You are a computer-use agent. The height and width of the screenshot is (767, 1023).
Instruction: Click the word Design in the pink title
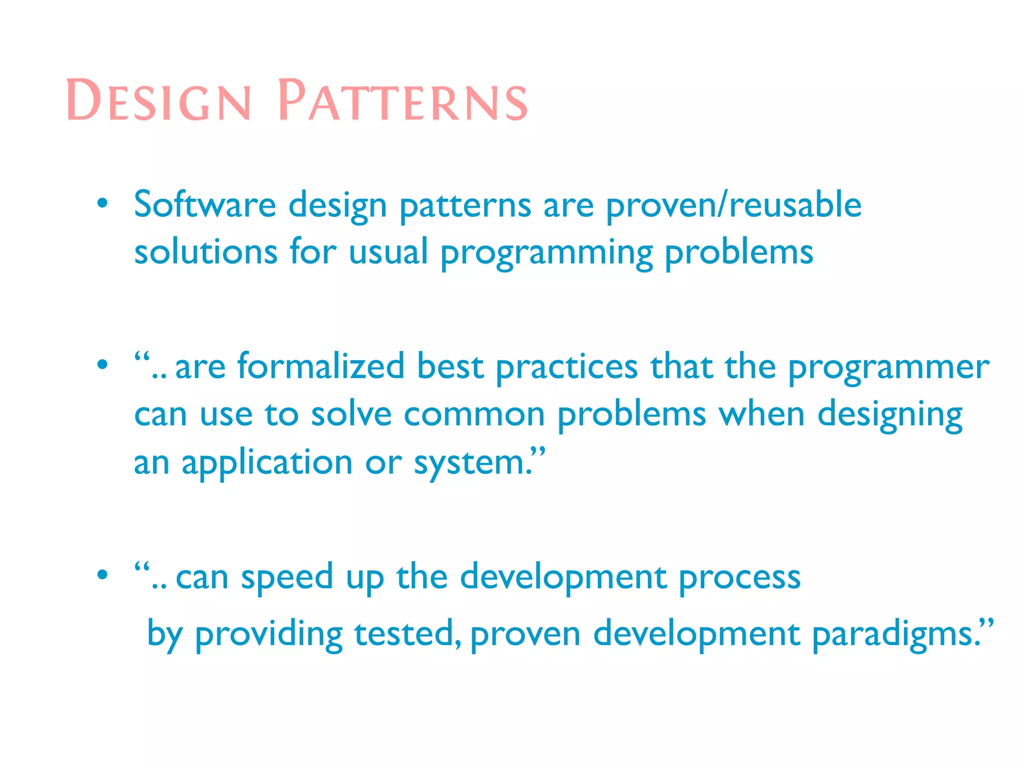coord(158,100)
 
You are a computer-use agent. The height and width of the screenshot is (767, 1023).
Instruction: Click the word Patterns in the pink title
coord(403,100)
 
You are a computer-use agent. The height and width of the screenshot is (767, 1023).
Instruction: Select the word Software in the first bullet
coord(205,205)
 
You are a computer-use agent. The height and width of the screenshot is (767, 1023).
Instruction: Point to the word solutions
coord(206,252)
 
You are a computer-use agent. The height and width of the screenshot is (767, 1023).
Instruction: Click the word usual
coord(388,252)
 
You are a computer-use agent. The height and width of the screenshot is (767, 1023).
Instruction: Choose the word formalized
coord(320,366)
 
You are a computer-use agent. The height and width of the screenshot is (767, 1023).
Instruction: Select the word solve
coord(351,414)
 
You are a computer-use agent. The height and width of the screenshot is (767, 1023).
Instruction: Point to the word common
coord(474,415)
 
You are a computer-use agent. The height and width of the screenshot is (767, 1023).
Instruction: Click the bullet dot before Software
coord(102,203)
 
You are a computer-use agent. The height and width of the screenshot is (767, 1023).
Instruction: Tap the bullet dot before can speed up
coord(102,575)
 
